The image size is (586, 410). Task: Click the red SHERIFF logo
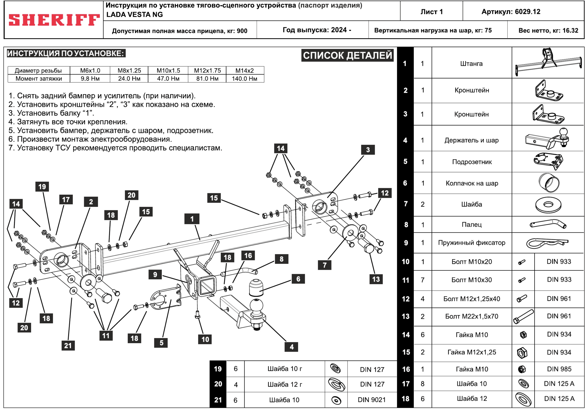pos(54,20)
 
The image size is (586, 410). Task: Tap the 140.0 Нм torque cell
pos(245,79)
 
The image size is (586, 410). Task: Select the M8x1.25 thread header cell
pos(129,71)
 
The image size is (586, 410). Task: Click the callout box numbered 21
pos(68,346)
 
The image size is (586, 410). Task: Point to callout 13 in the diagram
pos(376,279)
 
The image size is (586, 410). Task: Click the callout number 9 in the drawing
pos(155,275)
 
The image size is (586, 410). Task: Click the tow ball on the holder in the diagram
pos(256,306)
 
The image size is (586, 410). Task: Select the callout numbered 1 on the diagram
pos(192,219)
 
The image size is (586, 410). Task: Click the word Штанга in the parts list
pos(471,64)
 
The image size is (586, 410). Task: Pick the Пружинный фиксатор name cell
pos(471,243)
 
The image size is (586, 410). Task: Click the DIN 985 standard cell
pos(559,369)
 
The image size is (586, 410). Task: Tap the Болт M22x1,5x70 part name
pos(471,316)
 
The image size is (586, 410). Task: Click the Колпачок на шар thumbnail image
pos(549,183)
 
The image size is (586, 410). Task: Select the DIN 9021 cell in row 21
pos(372,400)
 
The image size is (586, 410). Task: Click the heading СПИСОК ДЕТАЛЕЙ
pos(347,55)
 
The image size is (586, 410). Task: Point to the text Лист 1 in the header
pos(432,12)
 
